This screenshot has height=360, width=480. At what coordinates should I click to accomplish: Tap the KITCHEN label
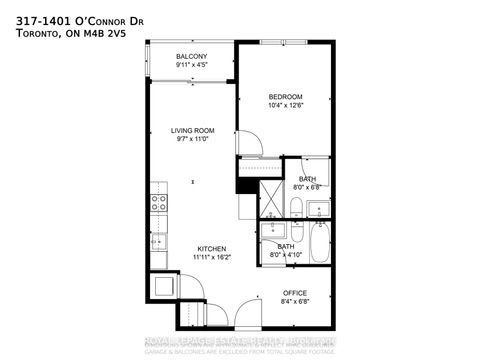pos(211,248)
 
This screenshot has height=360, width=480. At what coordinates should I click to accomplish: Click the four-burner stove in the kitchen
pos(158,205)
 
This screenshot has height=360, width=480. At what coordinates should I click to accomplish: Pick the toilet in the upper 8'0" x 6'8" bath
pos(297,208)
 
